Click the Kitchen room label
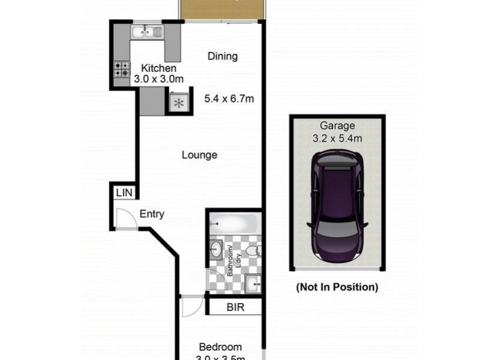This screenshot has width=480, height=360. tap(158, 68)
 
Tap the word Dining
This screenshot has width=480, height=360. tap(223, 56)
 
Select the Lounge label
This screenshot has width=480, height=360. tap(199, 155)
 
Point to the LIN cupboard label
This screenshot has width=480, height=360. tap(124, 193)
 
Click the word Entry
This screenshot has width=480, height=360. tap(152, 214)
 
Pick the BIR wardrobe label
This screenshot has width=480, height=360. tap(235, 307)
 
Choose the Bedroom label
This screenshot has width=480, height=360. tap(220, 347)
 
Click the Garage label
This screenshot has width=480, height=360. tap(337, 126)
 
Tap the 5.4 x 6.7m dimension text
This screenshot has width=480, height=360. tap(229, 98)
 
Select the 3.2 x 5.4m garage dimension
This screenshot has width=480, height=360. tap(337, 139)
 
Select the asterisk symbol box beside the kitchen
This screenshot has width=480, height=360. tap(179, 103)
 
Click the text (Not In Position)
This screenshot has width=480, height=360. tap(337, 287)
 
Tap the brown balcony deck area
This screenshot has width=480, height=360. tap(222, 8)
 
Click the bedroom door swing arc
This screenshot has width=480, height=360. tap(192, 306)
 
